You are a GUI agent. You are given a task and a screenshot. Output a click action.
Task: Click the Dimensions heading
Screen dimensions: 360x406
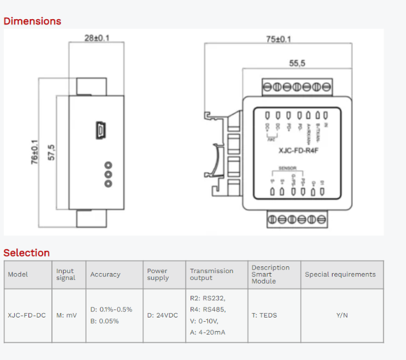click(x=33, y=21)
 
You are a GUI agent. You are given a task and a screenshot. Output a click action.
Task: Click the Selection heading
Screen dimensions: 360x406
click(x=27, y=253)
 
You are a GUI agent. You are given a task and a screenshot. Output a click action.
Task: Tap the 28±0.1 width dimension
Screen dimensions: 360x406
click(x=97, y=38)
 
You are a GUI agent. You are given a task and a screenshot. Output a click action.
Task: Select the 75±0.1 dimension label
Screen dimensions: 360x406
click(x=279, y=39)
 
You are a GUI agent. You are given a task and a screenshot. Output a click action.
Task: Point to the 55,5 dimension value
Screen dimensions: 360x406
click(x=298, y=63)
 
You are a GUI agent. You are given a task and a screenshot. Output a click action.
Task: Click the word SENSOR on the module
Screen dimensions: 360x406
click(x=288, y=167)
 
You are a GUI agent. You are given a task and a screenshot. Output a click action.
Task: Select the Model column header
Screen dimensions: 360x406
click(x=18, y=274)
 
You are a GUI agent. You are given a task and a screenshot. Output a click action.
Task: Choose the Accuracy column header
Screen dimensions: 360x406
click(x=106, y=274)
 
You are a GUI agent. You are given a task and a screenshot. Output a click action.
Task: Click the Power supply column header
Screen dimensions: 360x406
click(x=158, y=274)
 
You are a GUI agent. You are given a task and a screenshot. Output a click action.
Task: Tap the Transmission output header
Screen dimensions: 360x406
click(x=212, y=274)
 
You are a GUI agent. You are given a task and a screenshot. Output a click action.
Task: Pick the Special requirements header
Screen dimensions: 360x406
click(x=340, y=274)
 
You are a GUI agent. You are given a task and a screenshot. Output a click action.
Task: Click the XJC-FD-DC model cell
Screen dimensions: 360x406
click(x=27, y=316)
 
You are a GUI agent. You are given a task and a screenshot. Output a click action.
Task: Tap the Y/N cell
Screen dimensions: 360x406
click(x=342, y=316)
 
